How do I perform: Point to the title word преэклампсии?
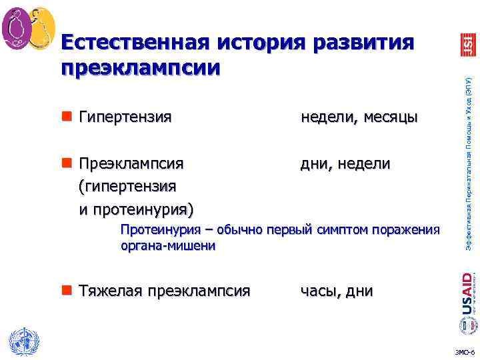139,68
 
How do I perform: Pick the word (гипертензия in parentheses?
127,186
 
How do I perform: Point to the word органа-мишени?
168,246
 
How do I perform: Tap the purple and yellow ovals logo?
27,27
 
